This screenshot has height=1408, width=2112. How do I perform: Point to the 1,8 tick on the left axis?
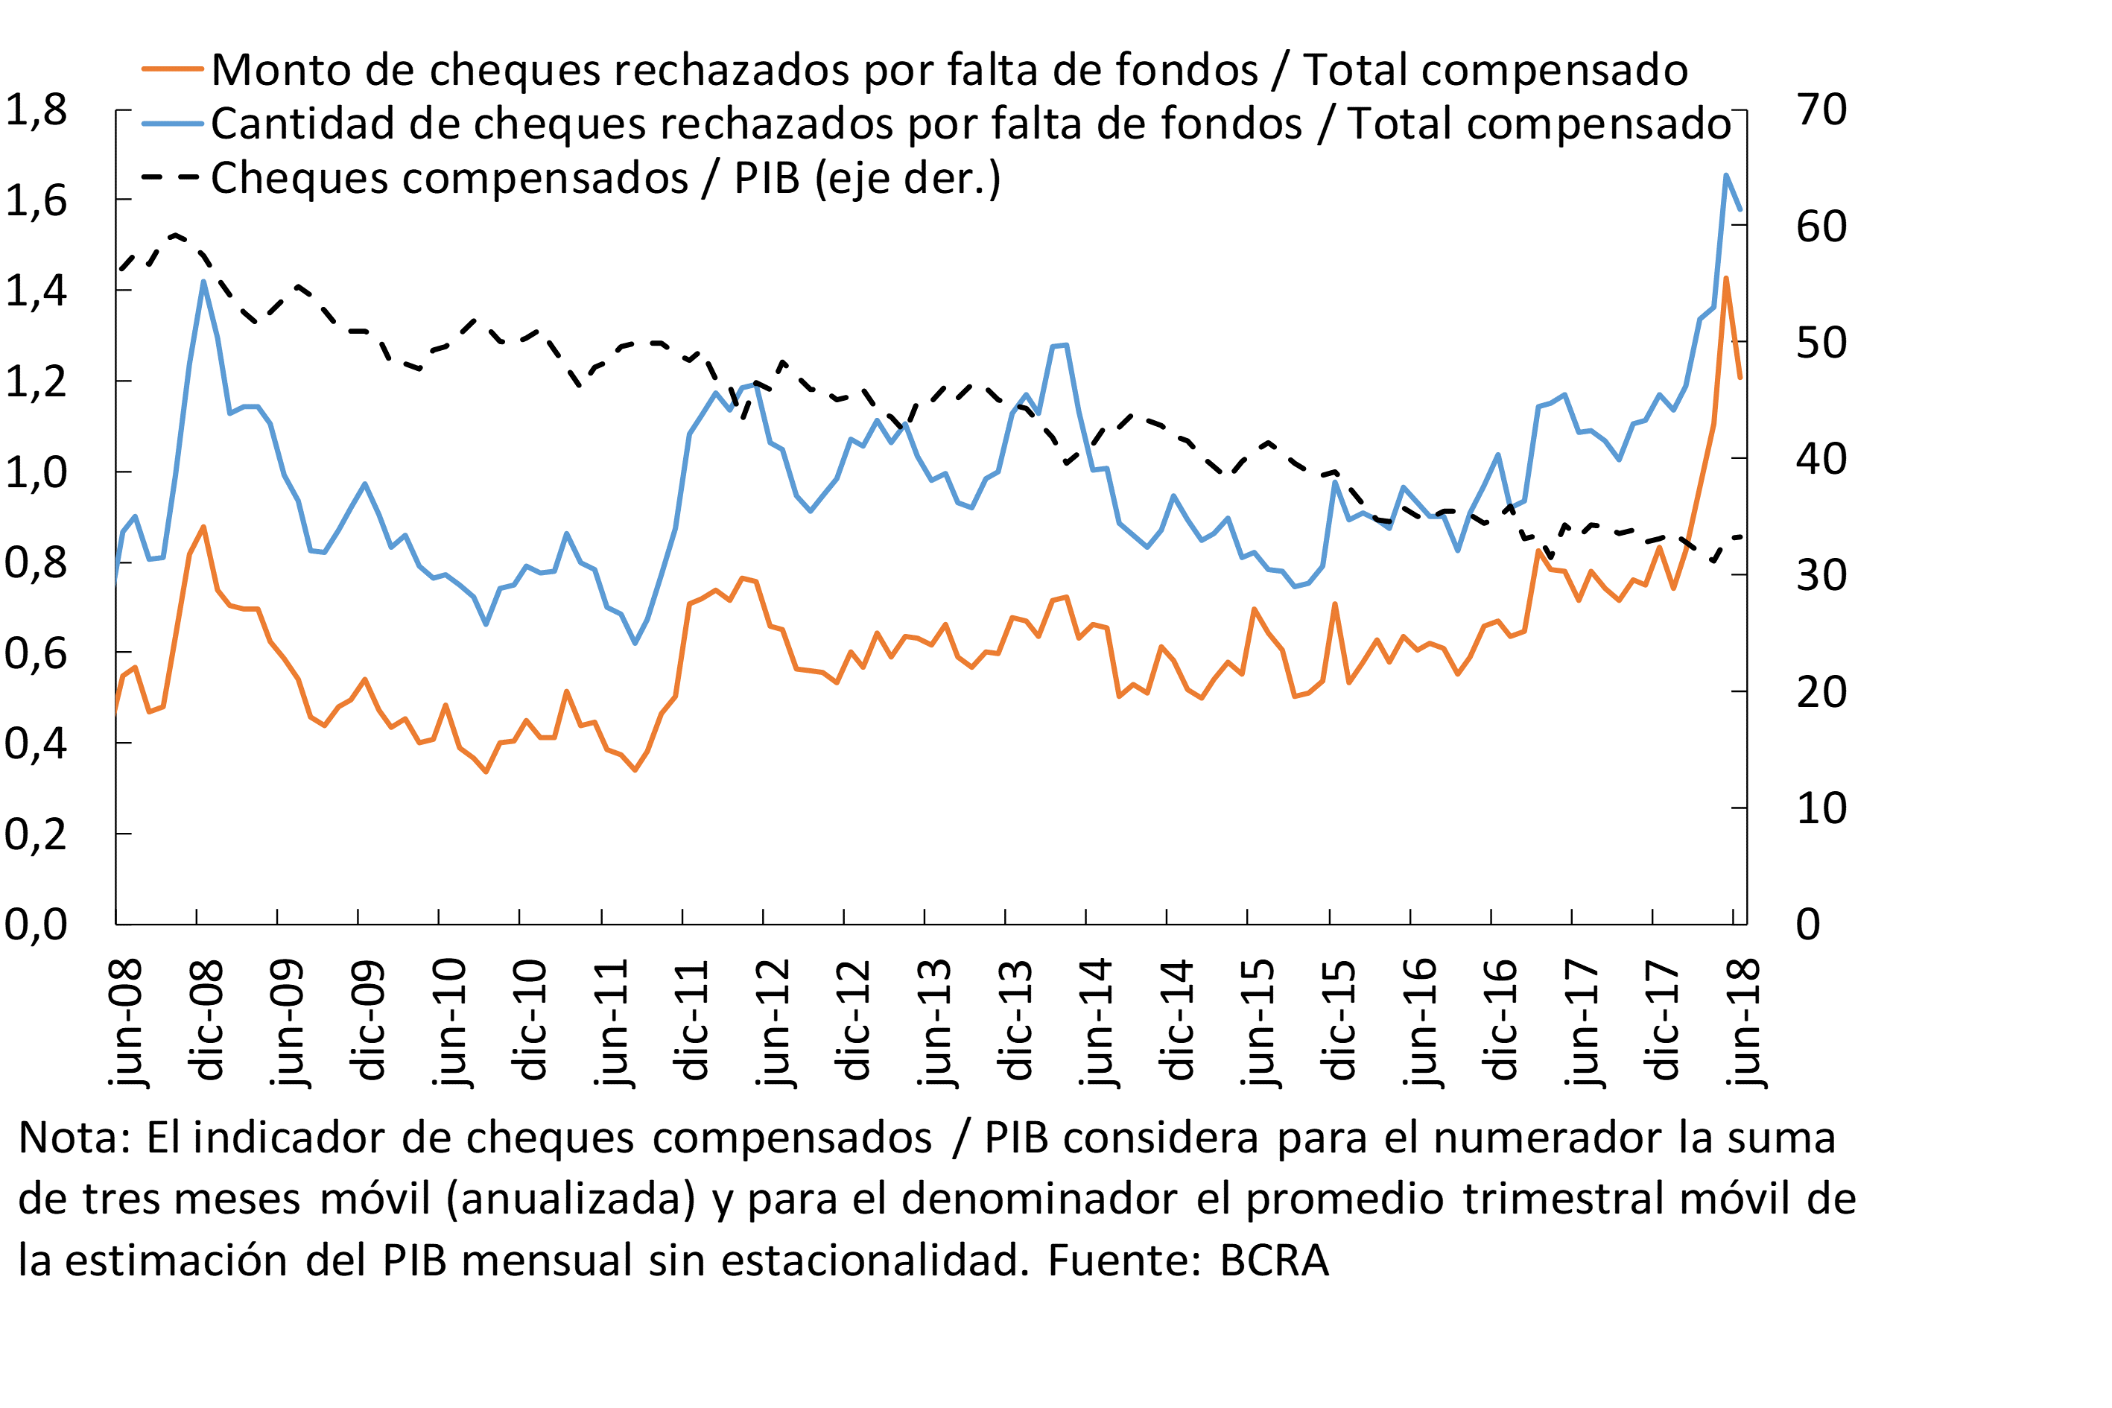(36, 110)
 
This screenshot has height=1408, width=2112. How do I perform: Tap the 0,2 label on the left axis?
(36, 835)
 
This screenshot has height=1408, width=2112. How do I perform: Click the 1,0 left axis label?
(36, 472)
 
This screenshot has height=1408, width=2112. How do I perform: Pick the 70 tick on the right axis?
(1821, 110)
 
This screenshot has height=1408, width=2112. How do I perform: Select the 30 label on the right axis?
(1821, 576)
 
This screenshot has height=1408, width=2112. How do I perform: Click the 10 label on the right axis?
(1821, 808)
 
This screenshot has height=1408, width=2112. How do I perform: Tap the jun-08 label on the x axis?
(126, 1023)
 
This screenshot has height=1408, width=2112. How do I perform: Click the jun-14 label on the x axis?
(1097, 1023)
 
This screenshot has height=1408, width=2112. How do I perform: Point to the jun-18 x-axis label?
(1745, 1023)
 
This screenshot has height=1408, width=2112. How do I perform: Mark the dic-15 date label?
(1339, 1019)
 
